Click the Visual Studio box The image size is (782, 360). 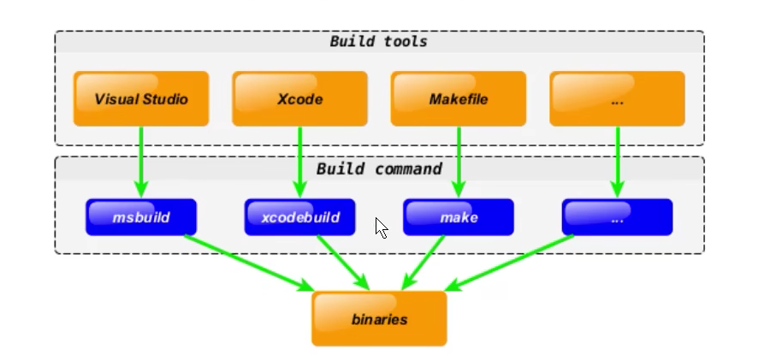click(141, 99)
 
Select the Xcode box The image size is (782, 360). click(299, 99)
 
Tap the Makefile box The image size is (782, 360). click(459, 99)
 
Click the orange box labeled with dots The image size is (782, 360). click(617, 99)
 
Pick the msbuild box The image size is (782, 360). click(141, 217)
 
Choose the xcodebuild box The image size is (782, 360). click(299, 217)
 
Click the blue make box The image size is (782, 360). click(459, 217)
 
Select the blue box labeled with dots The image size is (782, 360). click(617, 217)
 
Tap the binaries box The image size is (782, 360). click(379, 319)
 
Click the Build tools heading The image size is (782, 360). click(378, 41)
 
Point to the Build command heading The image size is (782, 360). click(378, 168)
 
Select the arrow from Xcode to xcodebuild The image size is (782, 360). click(299, 162)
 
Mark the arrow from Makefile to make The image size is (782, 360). click(459, 162)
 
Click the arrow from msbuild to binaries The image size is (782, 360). click(248, 263)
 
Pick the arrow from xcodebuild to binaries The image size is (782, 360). click(341, 261)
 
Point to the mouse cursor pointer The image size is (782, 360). click(380, 227)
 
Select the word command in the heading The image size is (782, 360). click(409, 168)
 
